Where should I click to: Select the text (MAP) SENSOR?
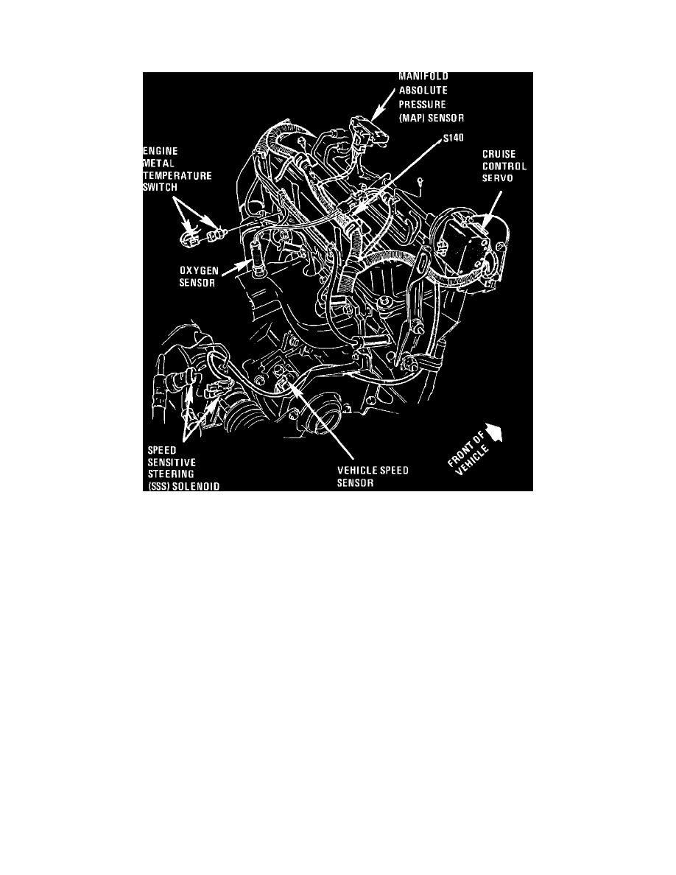pos(431,118)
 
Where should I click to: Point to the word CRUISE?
pos(498,154)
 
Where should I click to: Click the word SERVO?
pos(497,179)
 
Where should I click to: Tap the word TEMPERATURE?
pos(177,177)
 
